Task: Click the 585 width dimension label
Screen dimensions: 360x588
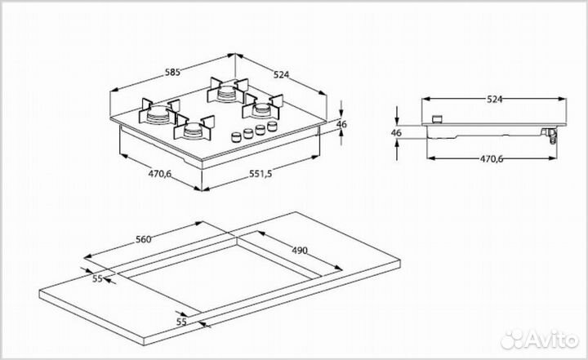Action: coord(172,72)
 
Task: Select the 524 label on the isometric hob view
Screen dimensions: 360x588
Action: coord(282,75)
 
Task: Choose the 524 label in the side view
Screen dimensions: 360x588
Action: coord(494,99)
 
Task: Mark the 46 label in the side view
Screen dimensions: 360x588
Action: coord(396,131)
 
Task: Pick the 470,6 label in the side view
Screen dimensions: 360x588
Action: coord(490,158)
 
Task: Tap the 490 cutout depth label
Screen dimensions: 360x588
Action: coord(299,250)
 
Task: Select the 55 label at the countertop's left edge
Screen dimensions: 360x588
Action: coord(96,279)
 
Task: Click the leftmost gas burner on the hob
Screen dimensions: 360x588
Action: coord(160,113)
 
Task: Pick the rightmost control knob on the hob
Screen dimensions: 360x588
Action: coord(271,124)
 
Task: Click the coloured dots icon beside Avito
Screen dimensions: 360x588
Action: coord(514,338)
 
